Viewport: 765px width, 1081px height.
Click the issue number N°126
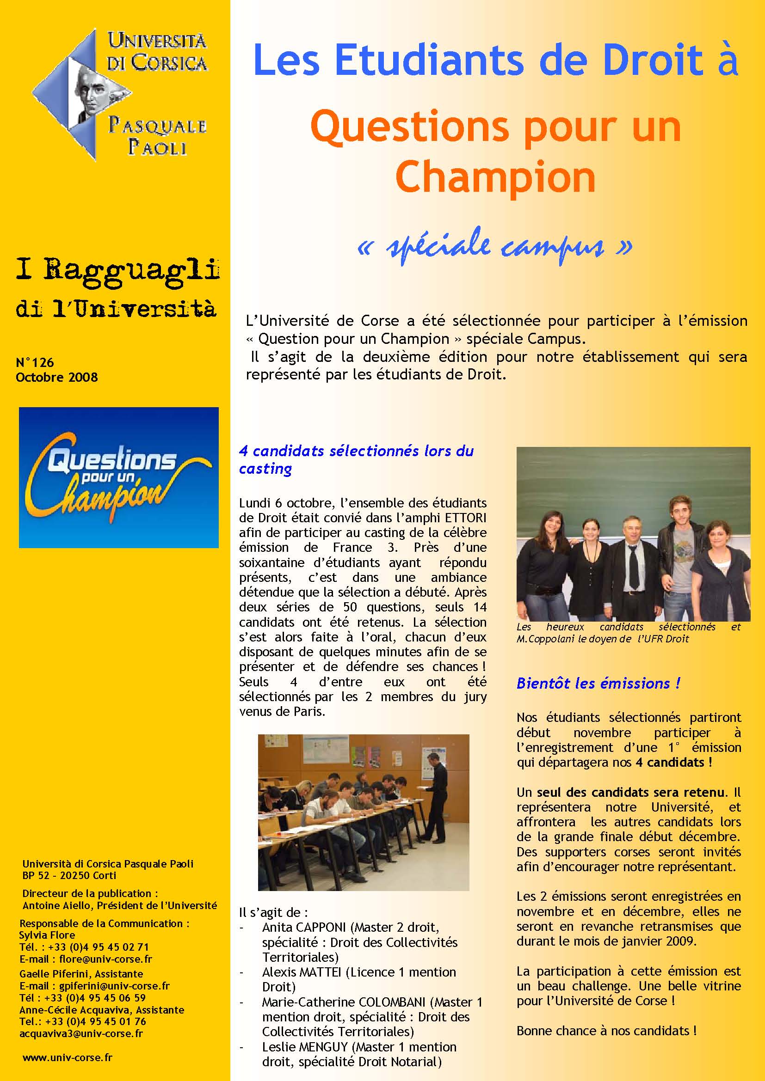click(x=35, y=362)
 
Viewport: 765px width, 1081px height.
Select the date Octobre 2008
click(x=56, y=378)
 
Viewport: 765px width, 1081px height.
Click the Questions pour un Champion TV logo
click(x=119, y=477)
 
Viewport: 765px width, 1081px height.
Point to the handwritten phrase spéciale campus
click(x=495, y=246)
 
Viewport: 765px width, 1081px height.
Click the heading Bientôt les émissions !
click(x=598, y=683)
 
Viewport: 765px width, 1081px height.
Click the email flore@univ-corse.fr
click(x=105, y=959)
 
